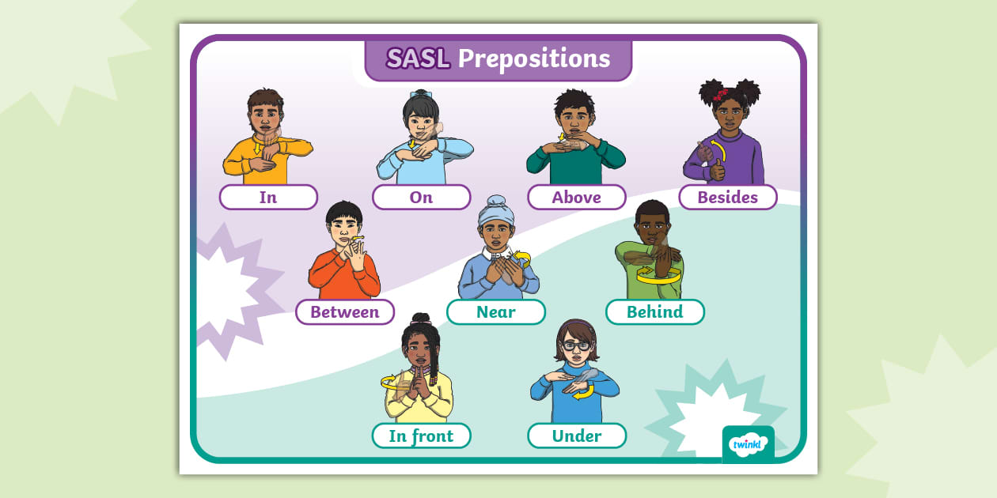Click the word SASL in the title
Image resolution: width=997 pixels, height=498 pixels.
[418, 58]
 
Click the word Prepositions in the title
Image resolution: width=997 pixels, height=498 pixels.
[534, 58]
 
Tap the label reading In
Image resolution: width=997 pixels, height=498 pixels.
[268, 197]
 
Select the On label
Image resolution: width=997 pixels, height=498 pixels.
[421, 197]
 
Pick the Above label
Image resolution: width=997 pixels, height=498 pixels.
[576, 197]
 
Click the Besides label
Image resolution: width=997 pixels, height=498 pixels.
[727, 197]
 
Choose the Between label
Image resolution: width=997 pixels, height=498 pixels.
[344, 311]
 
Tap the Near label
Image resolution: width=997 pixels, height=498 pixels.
[495, 311]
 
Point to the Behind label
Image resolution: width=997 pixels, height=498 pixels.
[654, 311]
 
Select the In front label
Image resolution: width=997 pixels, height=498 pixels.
[421, 436]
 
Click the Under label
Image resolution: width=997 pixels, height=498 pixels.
[576, 436]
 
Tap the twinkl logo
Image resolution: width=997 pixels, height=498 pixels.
[748, 444]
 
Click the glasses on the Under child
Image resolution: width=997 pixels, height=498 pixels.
[575, 345]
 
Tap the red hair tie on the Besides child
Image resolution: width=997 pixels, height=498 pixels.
[721, 94]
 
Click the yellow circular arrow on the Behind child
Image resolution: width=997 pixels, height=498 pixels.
[658, 277]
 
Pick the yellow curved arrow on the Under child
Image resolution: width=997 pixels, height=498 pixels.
[582, 390]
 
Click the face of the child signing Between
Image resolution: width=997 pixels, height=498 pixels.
[345, 228]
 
